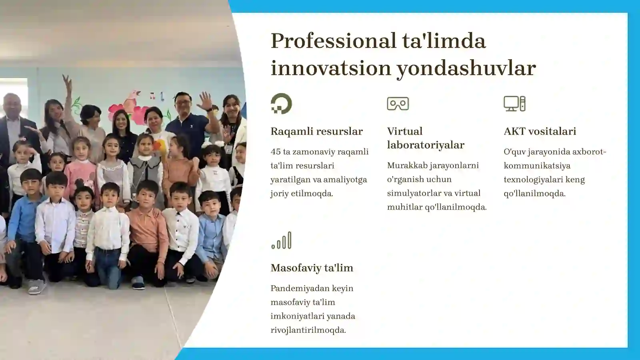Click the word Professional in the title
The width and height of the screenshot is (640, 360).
(x=333, y=41)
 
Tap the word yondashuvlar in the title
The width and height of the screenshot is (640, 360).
(x=466, y=68)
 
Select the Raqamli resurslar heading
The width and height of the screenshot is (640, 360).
(x=316, y=131)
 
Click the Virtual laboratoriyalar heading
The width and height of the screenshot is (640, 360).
(x=425, y=138)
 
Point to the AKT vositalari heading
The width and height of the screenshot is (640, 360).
(x=540, y=131)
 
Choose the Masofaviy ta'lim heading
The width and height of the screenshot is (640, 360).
(x=312, y=268)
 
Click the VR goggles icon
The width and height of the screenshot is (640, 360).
(x=398, y=104)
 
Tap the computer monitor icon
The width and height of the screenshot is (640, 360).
(x=514, y=104)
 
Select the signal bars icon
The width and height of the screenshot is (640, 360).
(x=281, y=240)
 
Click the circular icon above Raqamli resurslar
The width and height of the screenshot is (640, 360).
(x=281, y=104)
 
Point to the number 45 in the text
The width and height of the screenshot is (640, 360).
(x=275, y=152)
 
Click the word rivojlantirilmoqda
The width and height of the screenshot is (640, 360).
(x=308, y=330)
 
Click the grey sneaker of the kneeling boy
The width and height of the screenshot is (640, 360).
(x=36, y=286)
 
